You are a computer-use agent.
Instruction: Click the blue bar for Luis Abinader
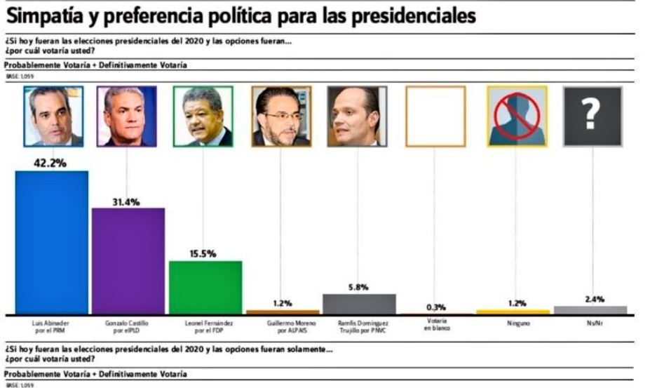click(52, 242)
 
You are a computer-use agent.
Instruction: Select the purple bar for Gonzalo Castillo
click(128, 261)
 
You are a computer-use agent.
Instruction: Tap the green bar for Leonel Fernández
click(205, 288)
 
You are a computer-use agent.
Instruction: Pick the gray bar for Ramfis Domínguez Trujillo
click(358, 304)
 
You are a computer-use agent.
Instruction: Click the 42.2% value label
click(50, 163)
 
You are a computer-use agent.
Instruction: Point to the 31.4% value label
click(126, 201)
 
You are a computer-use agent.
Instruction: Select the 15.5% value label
click(203, 253)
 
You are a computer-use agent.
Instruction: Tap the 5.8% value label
click(358, 287)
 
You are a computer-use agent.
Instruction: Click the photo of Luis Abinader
click(53, 116)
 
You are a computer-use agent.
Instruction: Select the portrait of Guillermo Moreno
click(281, 116)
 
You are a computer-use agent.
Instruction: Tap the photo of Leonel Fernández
click(203, 116)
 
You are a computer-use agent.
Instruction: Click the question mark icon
click(593, 116)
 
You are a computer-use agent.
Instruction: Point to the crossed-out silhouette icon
click(517, 116)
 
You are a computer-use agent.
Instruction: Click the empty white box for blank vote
click(435, 116)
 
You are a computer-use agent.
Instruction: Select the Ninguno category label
click(517, 323)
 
